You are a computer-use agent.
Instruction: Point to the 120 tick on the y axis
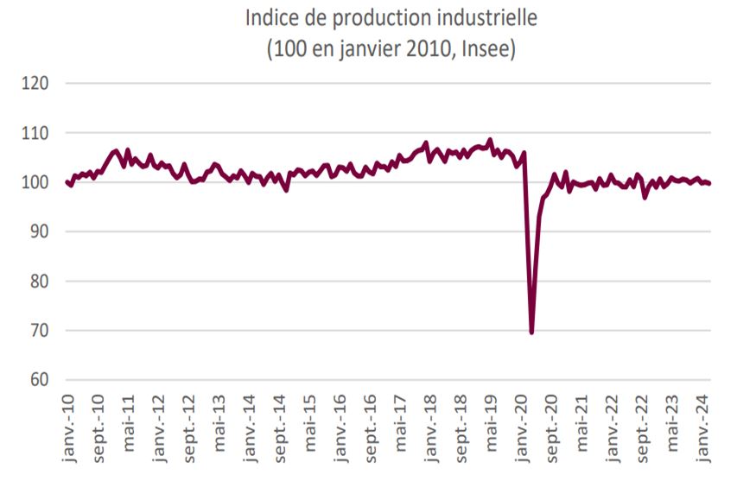coord(39,84)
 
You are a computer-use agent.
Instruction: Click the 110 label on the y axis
coord(39,133)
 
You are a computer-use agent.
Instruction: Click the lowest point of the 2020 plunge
coord(531,332)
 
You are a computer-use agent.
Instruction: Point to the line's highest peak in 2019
coord(491,140)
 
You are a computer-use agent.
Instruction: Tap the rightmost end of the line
coord(710,183)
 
